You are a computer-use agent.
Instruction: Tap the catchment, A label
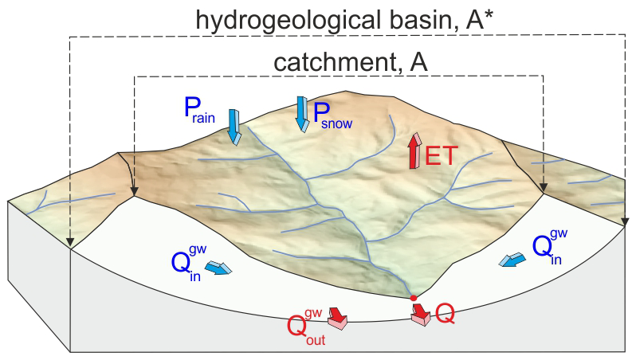[x=351, y=61]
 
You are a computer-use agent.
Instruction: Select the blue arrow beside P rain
[x=234, y=126]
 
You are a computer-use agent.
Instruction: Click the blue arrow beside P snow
[x=301, y=112]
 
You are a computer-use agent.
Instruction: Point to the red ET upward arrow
[x=414, y=151]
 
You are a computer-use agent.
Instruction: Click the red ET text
[x=441, y=155]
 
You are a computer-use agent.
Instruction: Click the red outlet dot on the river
[x=413, y=298]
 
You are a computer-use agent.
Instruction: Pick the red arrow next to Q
[x=420, y=313]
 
